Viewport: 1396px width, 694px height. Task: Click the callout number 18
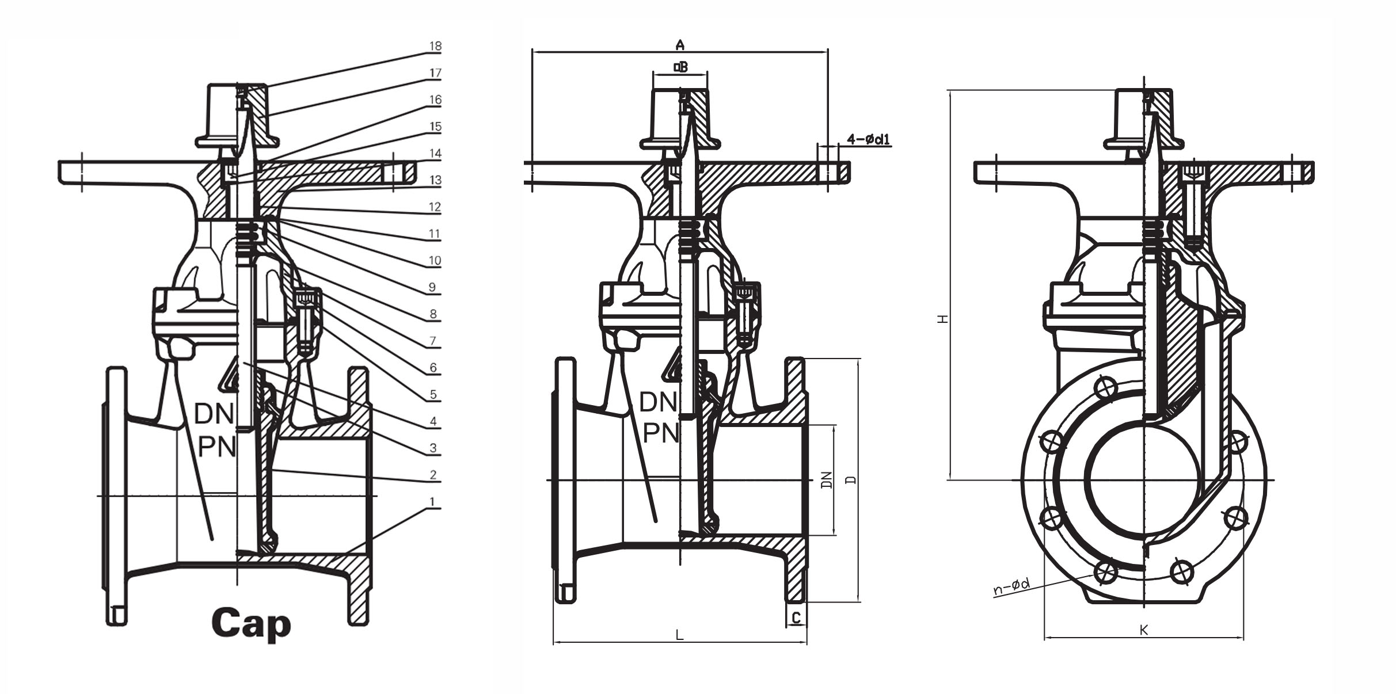(x=435, y=46)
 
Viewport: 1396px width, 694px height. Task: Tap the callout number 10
(x=435, y=261)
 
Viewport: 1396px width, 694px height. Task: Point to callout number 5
(x=433, y=395)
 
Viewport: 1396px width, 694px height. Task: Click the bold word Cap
(x=251, y=624)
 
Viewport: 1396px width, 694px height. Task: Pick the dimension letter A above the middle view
(x=680, y=44)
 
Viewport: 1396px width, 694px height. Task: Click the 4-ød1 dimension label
(x=869, y=139)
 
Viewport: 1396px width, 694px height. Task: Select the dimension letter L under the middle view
(x=679, y=635)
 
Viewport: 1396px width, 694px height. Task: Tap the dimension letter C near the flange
(x=796, y=617)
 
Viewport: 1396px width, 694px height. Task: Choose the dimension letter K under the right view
(x=1144, y=630)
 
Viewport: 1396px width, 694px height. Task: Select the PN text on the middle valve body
(x=660, y=433)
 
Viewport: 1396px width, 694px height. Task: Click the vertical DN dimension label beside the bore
(x=827, y=479)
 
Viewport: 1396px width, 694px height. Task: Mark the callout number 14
(x=435, y=154)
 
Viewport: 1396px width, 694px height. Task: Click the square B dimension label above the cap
(x=680, y=67)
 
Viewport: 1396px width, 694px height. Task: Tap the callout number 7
(x=433, y=341)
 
